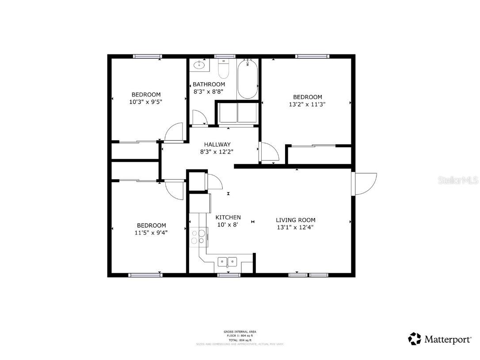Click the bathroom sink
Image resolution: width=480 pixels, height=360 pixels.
[200, 65]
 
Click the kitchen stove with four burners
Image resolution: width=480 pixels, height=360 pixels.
[198, 237]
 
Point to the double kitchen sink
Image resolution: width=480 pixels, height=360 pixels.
[227, 262]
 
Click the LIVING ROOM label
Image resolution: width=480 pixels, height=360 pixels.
[296, 220]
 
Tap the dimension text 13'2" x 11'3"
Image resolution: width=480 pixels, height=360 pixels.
[307, 105]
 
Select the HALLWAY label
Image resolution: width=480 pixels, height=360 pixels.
[217, 144]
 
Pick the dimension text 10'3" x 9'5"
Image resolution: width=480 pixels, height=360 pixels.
[146, 102]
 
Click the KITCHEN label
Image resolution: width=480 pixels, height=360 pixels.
[228, 217]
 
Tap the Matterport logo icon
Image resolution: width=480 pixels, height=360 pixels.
[415, 339]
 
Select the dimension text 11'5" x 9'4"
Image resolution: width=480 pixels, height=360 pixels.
[151, 233]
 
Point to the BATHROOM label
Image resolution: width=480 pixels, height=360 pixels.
[209, 84]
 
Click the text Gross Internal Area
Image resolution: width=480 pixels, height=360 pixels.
[240, 332]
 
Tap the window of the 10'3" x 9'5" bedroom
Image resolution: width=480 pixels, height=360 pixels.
[148, 56]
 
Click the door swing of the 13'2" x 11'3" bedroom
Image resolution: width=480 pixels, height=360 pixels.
[269, 153]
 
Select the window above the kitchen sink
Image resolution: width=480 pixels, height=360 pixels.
[229, 275]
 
